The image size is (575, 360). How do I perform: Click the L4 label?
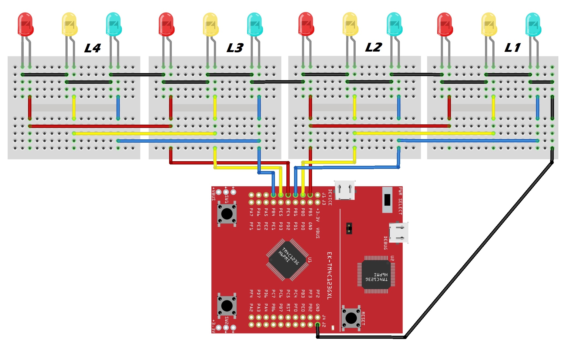(x=92, y=49)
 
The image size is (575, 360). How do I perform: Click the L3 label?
(x=235, y=48)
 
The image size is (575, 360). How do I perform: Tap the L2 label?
(x=373, y=47)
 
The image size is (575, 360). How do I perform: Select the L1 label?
(x=512, y=48)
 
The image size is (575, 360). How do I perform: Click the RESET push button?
(x=351, y=318)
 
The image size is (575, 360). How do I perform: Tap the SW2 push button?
(x=227, y=306)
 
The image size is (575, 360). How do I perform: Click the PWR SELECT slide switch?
(x=387, y=200)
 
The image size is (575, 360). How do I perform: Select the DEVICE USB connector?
(x=345, y=190)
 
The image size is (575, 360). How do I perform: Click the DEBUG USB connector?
(x=399, y=233)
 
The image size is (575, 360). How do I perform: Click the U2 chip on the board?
(x=376, y=275)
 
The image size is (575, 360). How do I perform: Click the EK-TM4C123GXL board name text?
(x=330, y=275)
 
